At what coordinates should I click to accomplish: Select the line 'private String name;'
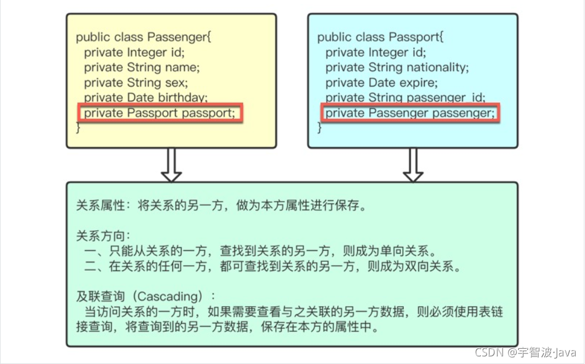pos(141,68)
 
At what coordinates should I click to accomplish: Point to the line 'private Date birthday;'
pos(146,98)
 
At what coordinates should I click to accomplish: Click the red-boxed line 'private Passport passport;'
pos(159,113)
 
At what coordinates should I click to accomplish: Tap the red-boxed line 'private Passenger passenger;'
pos(410,113)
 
